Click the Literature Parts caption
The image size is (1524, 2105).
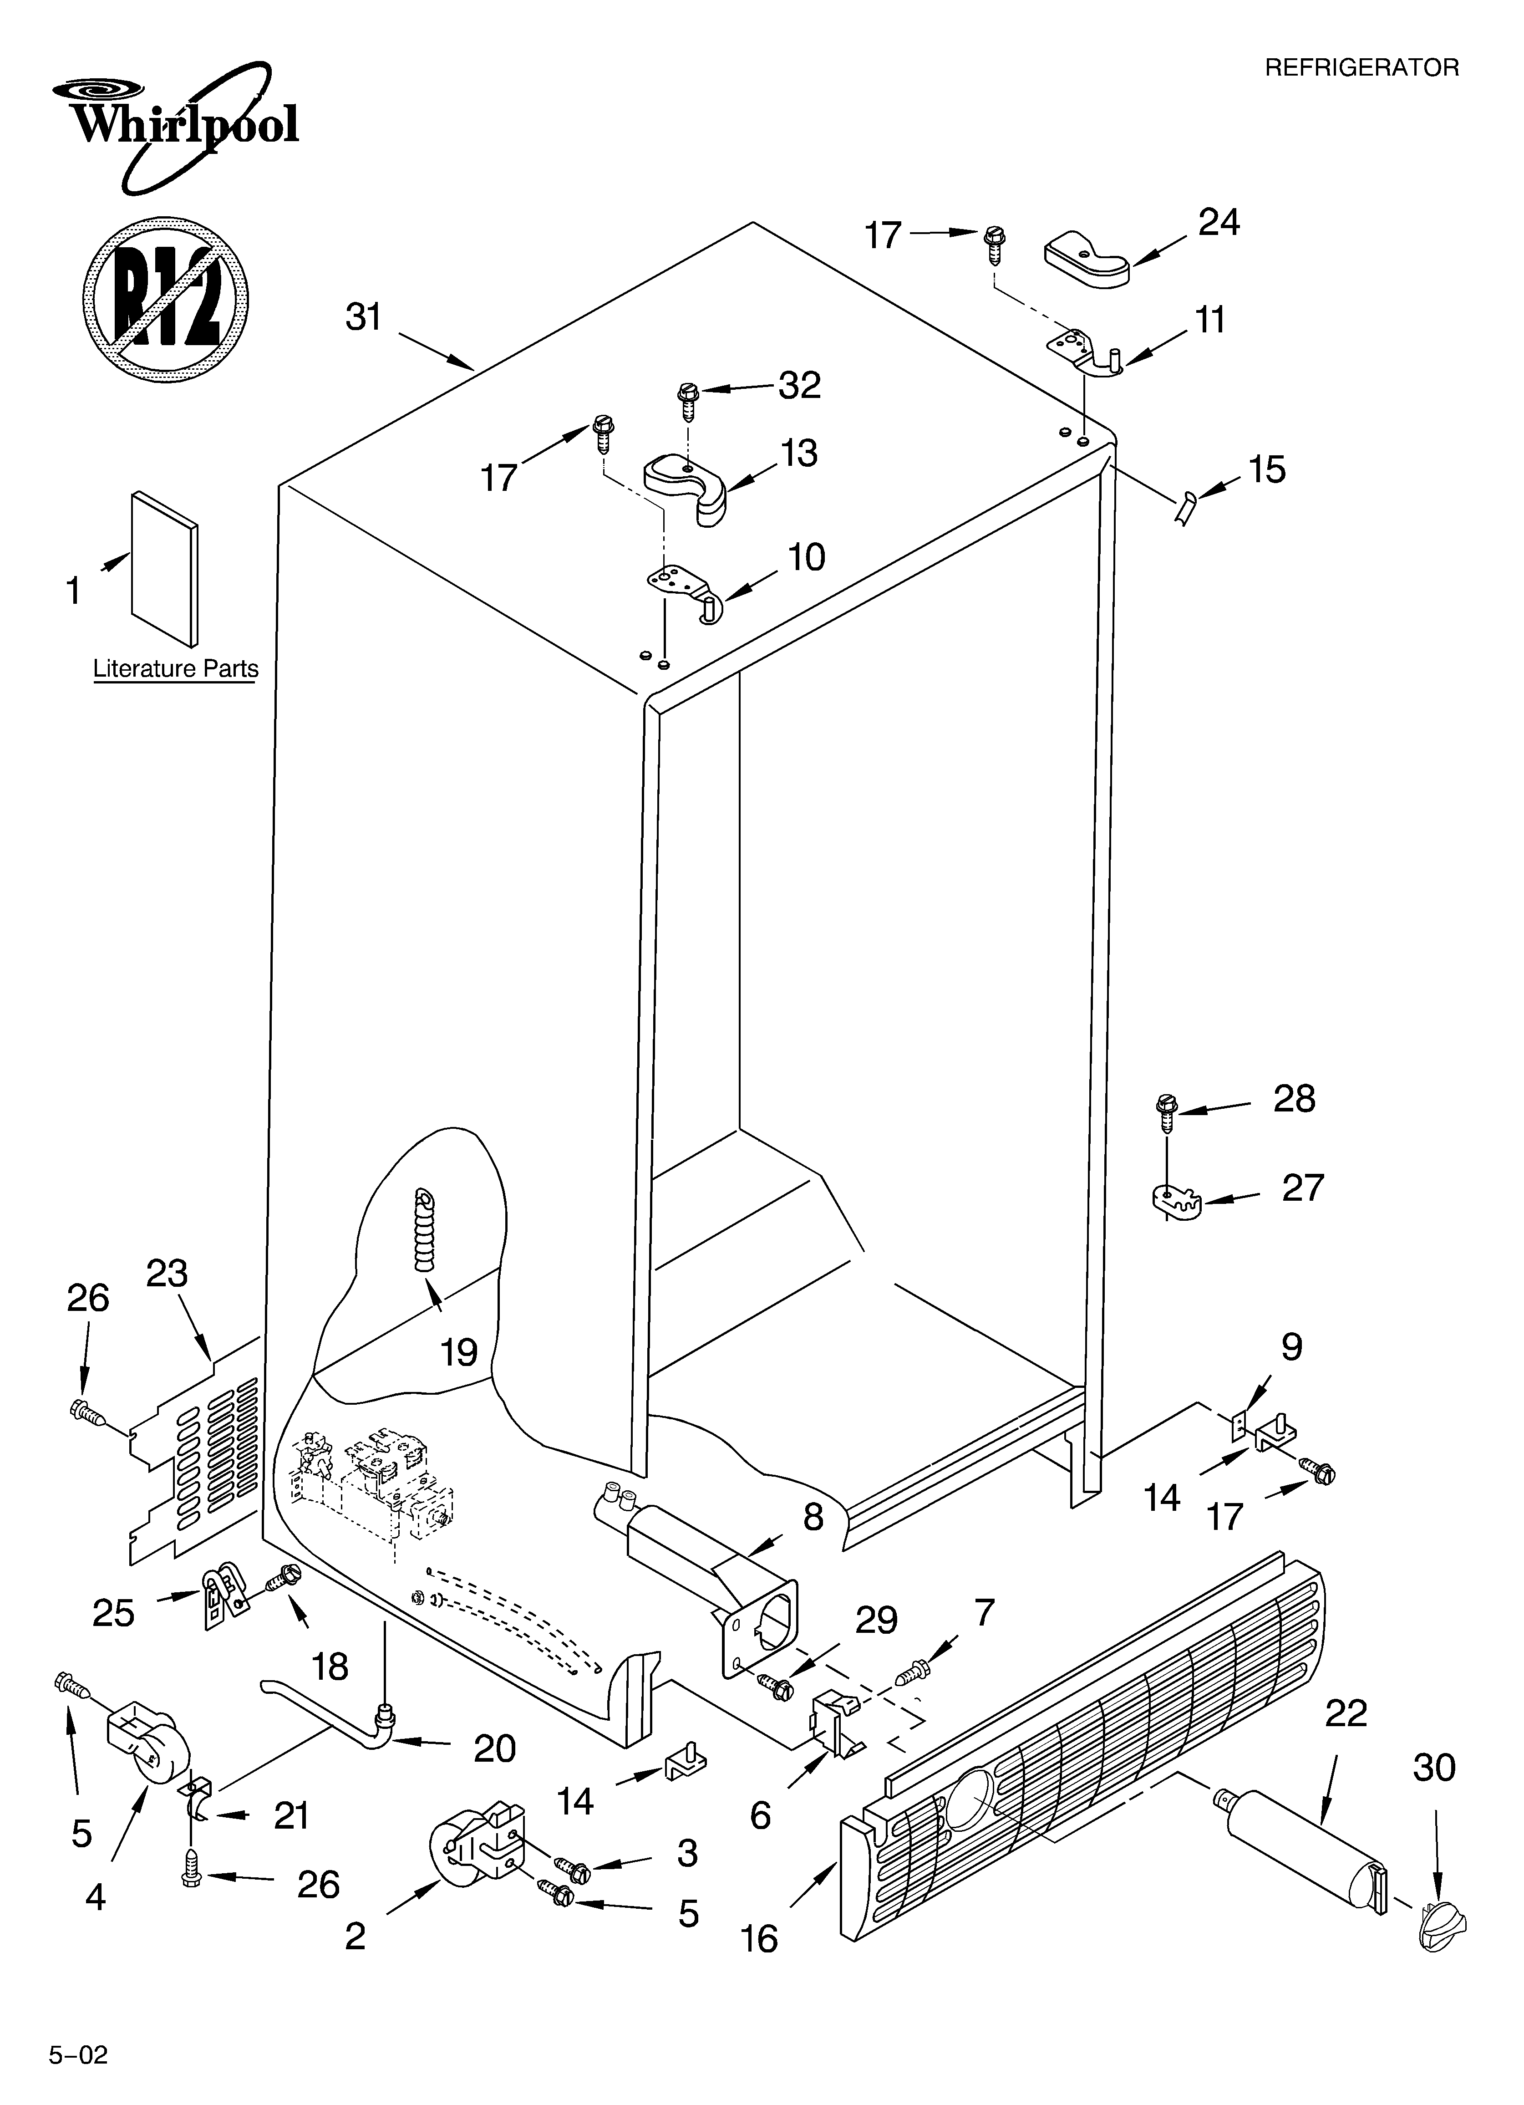point(175,668)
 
